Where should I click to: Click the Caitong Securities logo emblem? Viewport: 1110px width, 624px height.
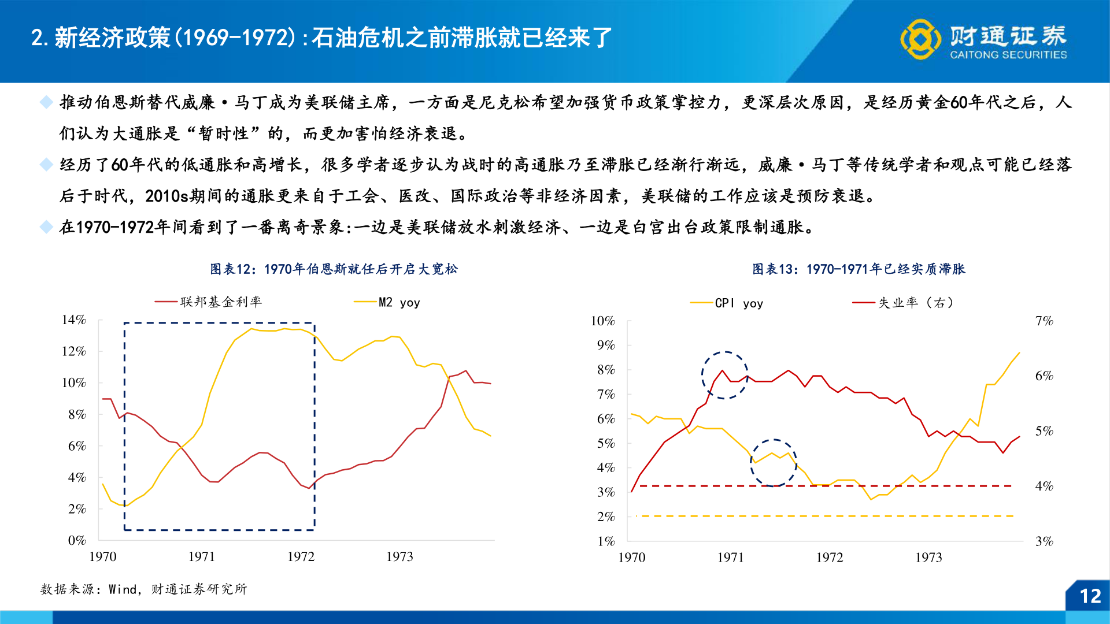[920, 39]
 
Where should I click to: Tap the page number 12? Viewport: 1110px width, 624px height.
[1090, 596]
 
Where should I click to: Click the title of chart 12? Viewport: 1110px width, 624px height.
[334, 269]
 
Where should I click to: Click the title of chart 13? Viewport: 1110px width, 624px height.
[859, 269]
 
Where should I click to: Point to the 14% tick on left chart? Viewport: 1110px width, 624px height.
[74, 320]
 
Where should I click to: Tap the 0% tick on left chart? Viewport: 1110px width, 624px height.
[77, 541]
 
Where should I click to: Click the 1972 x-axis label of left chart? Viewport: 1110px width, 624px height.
[301, 557]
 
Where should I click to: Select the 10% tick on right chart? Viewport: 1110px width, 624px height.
[602, 321]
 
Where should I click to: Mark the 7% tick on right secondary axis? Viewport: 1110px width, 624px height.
[1044, 321]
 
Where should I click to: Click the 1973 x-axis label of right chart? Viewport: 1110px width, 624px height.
[928, 558]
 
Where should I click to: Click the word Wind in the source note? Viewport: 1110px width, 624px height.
[123, 589]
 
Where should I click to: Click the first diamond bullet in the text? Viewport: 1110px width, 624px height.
[46, 103]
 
